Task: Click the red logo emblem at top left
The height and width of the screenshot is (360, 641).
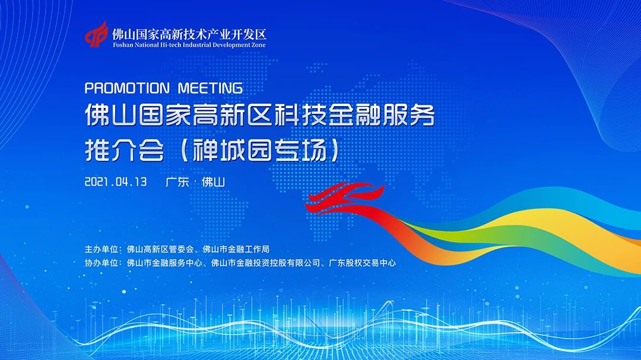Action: click(97, 34)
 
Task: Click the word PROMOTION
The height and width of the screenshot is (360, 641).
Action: click(127, 88)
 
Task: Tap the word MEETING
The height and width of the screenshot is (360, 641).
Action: click(211, 88)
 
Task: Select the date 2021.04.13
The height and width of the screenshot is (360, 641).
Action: click(116, 182)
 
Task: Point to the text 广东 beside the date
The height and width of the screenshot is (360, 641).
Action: click(177, 182)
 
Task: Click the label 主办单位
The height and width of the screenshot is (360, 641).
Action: click(101, 249)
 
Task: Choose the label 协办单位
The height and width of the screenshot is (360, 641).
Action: click(101, 263)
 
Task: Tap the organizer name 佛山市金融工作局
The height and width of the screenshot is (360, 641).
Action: click(236, 249)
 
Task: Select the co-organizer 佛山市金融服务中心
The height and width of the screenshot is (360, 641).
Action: click(164, 263)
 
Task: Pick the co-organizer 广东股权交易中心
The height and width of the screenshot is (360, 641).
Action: click(362, 263)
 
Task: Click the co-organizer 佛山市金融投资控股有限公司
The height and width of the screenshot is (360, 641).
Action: click(266, 263)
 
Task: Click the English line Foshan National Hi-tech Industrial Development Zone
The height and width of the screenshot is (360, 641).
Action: click(189, 45)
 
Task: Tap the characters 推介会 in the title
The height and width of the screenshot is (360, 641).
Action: click(124, 151)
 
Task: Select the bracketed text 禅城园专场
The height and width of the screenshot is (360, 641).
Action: click(259, 151)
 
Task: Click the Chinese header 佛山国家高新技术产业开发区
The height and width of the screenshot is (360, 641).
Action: click(189, 33)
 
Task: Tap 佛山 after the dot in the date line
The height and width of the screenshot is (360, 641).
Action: click(213, 182)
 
